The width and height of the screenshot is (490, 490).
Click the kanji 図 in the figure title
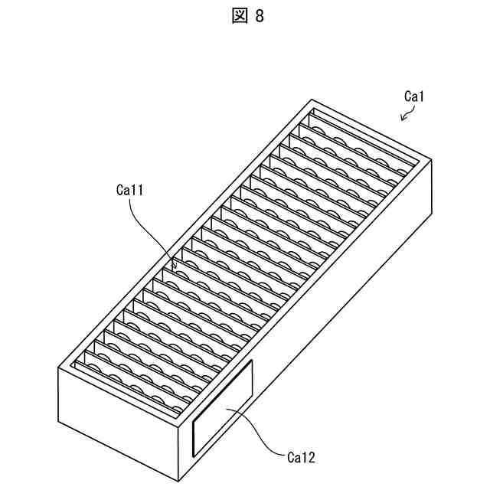(235, 16)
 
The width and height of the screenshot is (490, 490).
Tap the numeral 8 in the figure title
(259, 16)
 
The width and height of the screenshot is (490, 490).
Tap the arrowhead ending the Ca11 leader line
(175, 268)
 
